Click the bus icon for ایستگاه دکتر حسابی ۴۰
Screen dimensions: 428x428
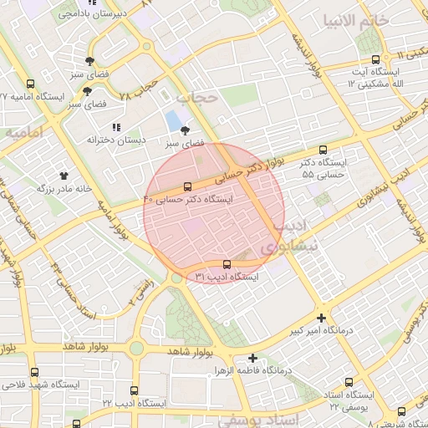tap(187, 186)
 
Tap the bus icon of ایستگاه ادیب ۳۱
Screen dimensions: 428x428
tap(227, 264)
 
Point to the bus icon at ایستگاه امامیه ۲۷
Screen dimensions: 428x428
tap(31, 84)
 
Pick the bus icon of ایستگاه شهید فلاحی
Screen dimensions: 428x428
tap(34, 372)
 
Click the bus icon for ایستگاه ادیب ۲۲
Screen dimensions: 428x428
tap(135, 390)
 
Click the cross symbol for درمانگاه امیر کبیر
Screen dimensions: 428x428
tap(322, 318)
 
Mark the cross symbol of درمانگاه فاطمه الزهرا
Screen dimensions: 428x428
tap(252, 358)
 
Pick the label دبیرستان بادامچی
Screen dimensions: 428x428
tap(117, 14)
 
